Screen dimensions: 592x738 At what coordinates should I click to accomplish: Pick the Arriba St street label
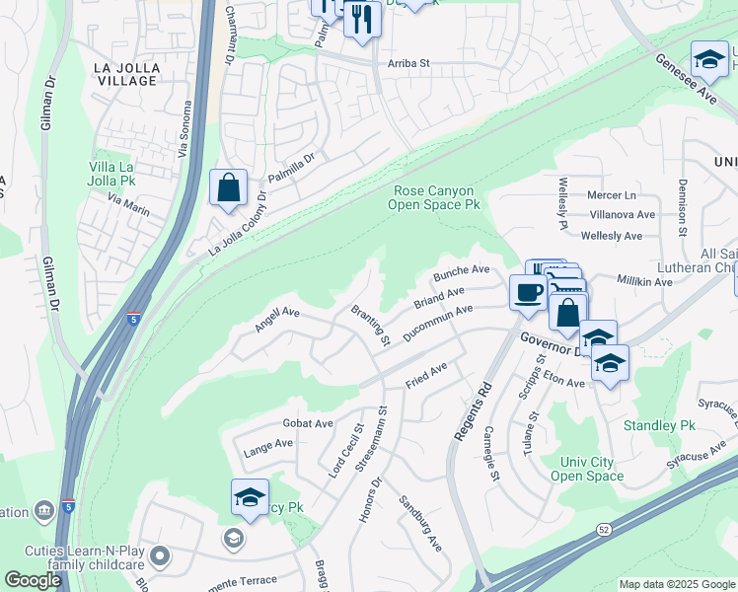[x=409, y=62]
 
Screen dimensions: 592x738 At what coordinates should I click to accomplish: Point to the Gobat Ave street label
[x=308, y=423]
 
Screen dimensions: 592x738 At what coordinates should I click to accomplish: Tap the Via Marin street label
[x=128, y=204]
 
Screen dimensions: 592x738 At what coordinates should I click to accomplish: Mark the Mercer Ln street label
[x=612, y=195]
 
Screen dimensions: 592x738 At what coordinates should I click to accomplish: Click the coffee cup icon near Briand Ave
[x=528, y=292]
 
